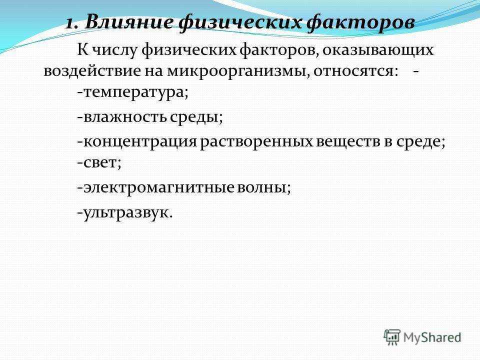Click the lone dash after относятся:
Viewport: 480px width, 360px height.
(x=415, y=72)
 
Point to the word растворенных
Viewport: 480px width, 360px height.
(x=256, y=142)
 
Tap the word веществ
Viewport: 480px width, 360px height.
(x=348, y=141)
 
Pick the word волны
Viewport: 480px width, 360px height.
(x=264, y=187)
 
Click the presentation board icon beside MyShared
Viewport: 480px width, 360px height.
(x=392, y=337)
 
